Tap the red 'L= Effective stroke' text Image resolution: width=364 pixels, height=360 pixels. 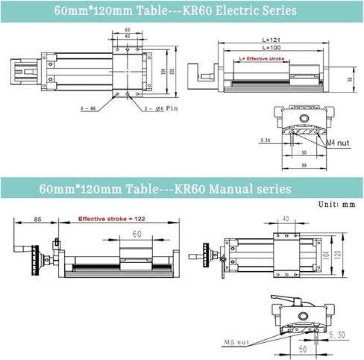click(257, 58)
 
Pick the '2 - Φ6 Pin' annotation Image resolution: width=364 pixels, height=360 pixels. click(160, 109)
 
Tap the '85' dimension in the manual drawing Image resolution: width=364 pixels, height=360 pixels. click(37, 220)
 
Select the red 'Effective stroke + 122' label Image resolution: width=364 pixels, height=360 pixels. click(112, 220)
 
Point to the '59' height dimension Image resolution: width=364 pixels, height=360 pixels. click(350, 77)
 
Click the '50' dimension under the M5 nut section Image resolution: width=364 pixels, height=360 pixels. click(304, 348)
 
